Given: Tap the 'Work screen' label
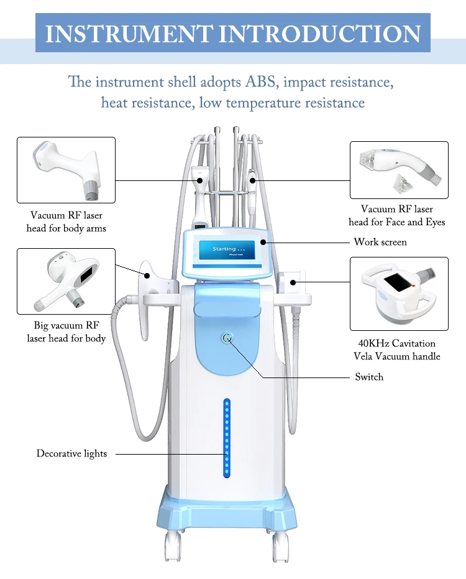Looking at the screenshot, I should [x=380, y=241].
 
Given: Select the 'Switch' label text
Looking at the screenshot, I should [x=369, y=376].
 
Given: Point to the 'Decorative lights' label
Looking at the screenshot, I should [x=71, y=453].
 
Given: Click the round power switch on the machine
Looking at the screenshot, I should [x=227, y=338].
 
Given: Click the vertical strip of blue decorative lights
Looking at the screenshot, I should [x=227, y=439].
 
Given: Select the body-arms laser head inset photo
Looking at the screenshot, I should [x=66, y=170].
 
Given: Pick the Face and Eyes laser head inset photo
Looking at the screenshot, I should [x=398, y=170].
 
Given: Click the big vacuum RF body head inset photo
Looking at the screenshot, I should [x=66, y=280].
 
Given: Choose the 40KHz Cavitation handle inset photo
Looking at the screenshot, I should [x=398, y=293].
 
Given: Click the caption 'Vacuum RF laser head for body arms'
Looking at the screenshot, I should [x=66, y=222].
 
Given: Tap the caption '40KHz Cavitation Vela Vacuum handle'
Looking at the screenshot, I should [x=396, y=350].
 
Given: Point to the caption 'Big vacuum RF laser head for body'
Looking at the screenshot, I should [x=66, y=331].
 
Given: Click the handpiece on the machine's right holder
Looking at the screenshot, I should [x=292, y=284].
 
